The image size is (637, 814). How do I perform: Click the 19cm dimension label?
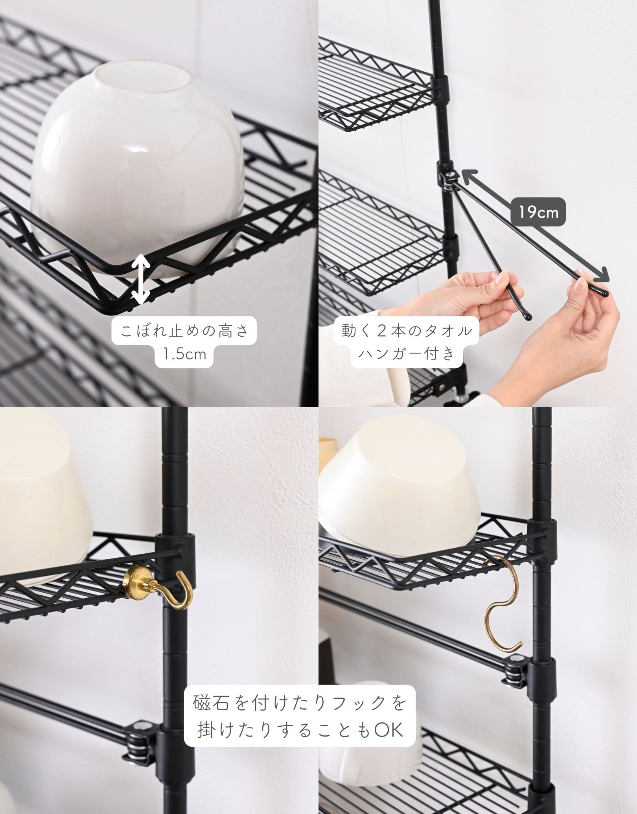point(538,213)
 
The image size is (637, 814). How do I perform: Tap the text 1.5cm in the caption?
point(185,354)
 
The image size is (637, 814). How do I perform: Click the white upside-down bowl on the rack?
point(138,165)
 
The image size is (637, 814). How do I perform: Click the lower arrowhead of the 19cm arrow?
point(602,275)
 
